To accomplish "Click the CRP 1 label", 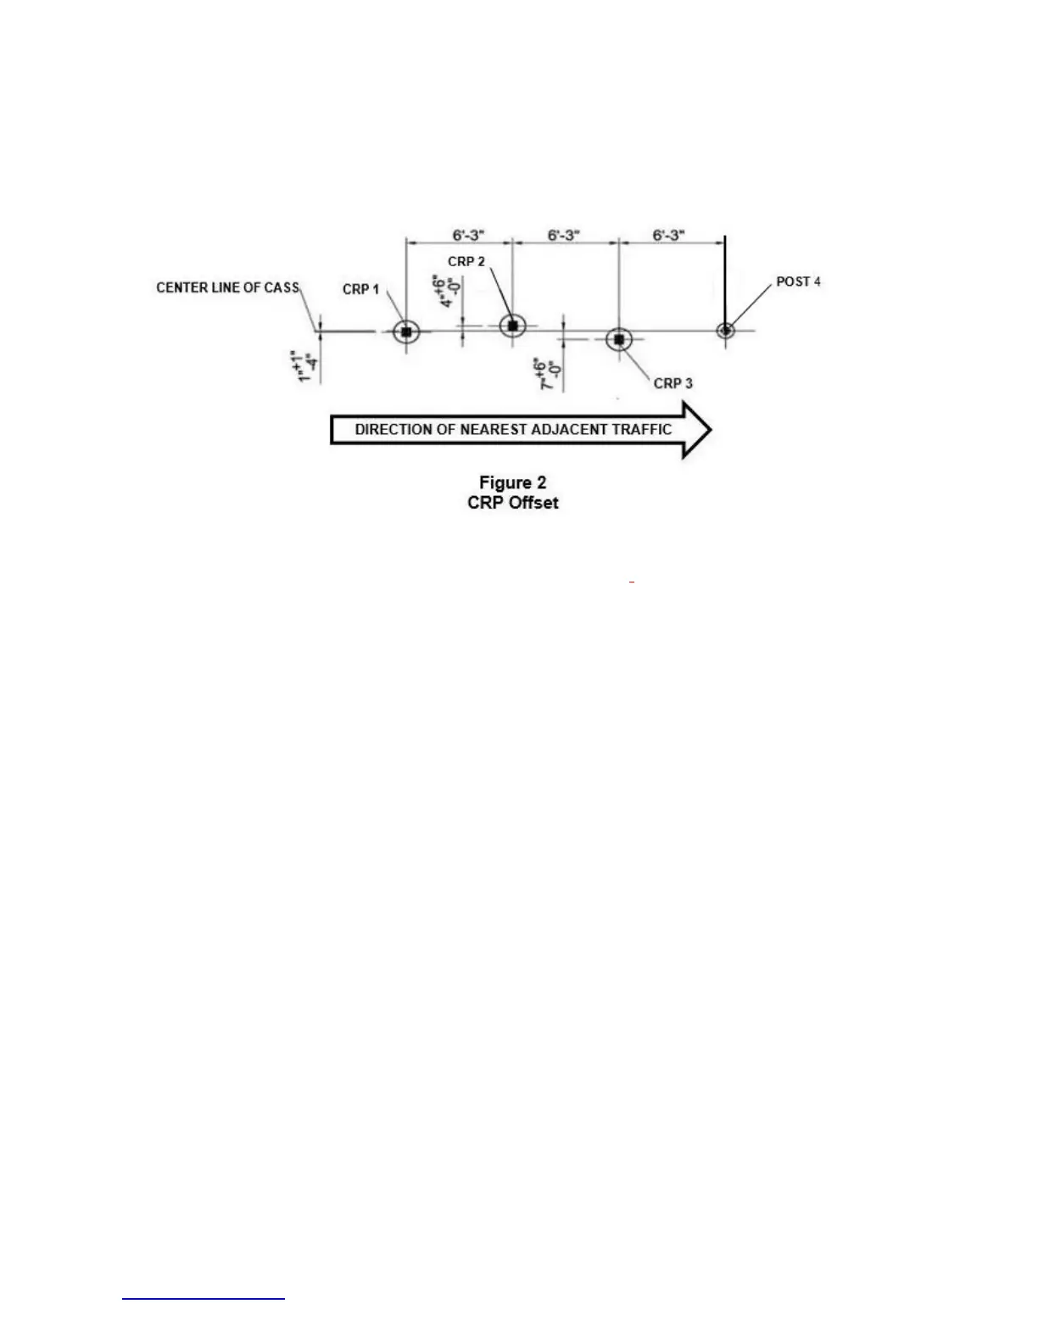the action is point(360,289).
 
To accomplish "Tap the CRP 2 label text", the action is point(466,261).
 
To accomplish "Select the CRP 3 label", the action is point(672,383).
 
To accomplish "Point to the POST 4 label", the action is point(798,281).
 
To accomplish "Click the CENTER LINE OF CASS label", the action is point(227,287).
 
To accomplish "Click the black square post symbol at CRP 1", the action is point(406,332).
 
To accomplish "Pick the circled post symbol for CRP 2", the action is point(512,326).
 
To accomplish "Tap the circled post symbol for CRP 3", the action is point(619,339).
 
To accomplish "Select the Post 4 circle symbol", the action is point(725,330).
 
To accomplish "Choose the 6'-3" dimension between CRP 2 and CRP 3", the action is point(563,235).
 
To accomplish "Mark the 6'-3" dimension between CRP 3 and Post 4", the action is point(668,235).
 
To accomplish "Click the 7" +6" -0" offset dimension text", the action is point(548,374).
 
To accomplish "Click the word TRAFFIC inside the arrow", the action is point(641,429).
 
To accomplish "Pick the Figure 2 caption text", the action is point(512,482).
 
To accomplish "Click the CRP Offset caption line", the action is point(512,502).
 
